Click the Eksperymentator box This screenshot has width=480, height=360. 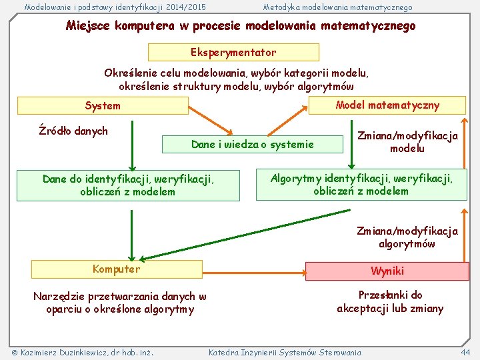[233, 52]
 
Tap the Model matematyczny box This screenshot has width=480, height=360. [387, 105]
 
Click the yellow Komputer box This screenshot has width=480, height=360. [117, 269]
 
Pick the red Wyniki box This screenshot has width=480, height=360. [387, 271]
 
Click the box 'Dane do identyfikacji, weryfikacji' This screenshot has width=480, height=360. [128, 185]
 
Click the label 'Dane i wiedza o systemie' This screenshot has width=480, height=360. [252, 144]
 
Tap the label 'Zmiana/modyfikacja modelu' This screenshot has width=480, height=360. [407, 141]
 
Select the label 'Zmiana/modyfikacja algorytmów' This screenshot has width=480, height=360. [407, 237]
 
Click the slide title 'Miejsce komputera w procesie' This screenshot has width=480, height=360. [240, 26]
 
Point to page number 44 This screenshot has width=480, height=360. [465, 352]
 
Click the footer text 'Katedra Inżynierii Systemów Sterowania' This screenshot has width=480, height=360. [285, 352]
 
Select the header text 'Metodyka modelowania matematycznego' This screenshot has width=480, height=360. [337, 7]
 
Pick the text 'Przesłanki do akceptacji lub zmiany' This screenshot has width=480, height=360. [390, 301]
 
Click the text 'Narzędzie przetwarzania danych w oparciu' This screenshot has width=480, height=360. [120, 303]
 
